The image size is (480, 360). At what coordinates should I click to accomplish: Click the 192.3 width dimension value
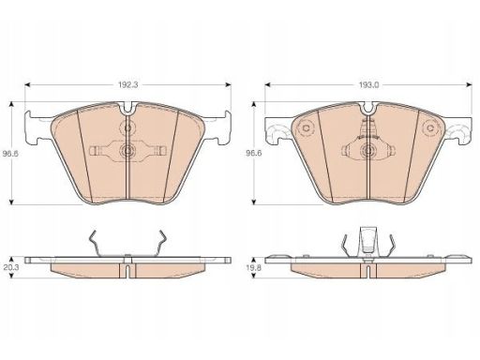coord(128,84)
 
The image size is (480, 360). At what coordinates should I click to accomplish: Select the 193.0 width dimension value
coord(368,84)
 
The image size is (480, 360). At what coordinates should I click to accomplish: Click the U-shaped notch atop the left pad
coord(127,108)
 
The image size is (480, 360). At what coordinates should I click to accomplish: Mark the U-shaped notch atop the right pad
coord(368,108)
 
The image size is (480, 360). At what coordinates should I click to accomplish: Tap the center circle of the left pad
coord(127,151)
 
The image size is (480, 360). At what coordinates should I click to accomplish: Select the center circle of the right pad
coord(368,151)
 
